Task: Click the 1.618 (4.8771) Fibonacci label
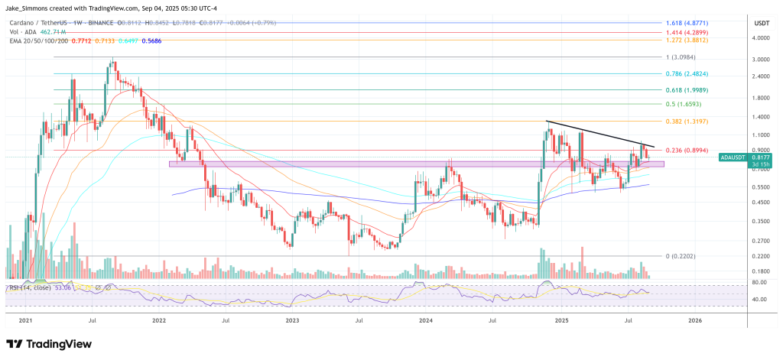(x=695, y=23)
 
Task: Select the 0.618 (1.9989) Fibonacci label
(x=695, y=89)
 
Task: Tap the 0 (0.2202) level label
(x=685, y=256)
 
